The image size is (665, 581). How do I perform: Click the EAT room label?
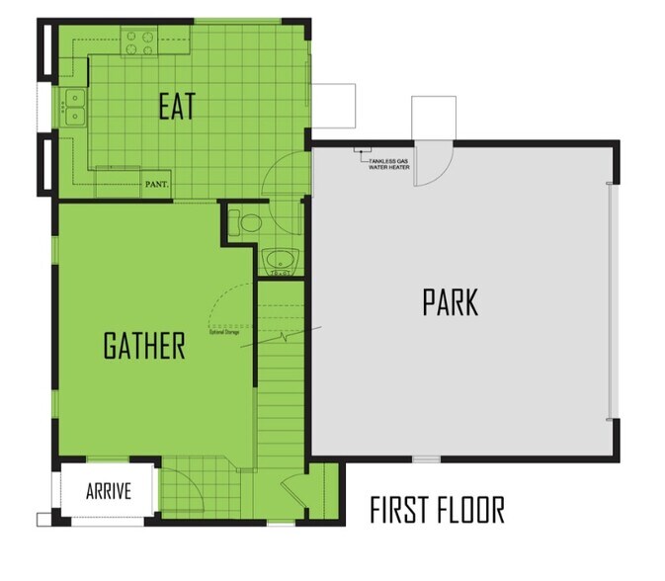(x=178, y=107)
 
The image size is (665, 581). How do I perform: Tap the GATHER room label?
(x=144, y=346)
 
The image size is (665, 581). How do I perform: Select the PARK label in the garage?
(x=450, y=302)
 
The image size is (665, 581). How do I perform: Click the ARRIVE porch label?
(x=109, y=491)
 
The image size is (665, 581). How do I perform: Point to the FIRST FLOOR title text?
(x=437, y=511)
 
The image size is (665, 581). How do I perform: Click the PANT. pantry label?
(x=156, y=184)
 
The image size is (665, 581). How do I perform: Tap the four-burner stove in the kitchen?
(x=139, y=41)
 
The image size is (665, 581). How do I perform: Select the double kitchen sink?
(x=73, y=107)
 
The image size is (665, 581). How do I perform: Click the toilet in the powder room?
(x=243, y=222)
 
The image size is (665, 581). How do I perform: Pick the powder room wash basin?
(x=281, y=262)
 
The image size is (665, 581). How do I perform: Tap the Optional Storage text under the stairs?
(x=224, y=333)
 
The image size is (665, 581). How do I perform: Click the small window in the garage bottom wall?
(x=425, y=458)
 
